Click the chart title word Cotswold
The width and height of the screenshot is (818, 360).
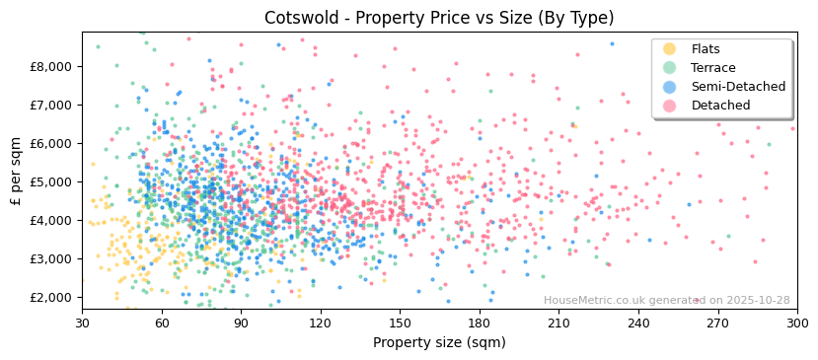pyautogui.click(x=298, y=18)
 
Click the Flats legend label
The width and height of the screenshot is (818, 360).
pyautogui.click(x=706, y=49)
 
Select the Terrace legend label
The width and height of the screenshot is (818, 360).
pyautogui.click(x=712, y=68)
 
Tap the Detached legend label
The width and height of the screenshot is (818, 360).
pyautogui.click(x=719, y=106)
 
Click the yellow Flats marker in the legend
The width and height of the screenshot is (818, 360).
pyautogui.click(x=670, y=49)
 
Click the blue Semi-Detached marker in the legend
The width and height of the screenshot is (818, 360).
pyautogui.click(x=670, y=87)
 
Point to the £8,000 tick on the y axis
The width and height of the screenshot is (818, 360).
pyautogui.click(x=55, y=66)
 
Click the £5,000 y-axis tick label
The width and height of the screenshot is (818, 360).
pyautogui.click(x=55, y=181)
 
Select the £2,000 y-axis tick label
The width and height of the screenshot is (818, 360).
pyautogui.click(x=55, y=297)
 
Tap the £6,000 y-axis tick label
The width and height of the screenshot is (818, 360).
pyautogui.click(x=55, y=143)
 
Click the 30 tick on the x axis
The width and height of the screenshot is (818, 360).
pyautogui.click(x=82, y=323)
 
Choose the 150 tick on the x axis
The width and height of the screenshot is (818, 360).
pyautogui.click(x=400, y=323)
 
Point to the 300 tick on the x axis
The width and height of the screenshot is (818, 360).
pyautogui.click(x=796, y=323)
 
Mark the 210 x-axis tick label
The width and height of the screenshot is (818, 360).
pyautogui.click(x=558, y=323)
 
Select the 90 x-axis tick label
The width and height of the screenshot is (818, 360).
pyautogui.click(x=241, y=323)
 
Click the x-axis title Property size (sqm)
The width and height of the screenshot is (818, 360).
pyautogui.click(x=439, y=342)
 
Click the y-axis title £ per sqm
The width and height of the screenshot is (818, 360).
pyautogui.click(x=17, y=171)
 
